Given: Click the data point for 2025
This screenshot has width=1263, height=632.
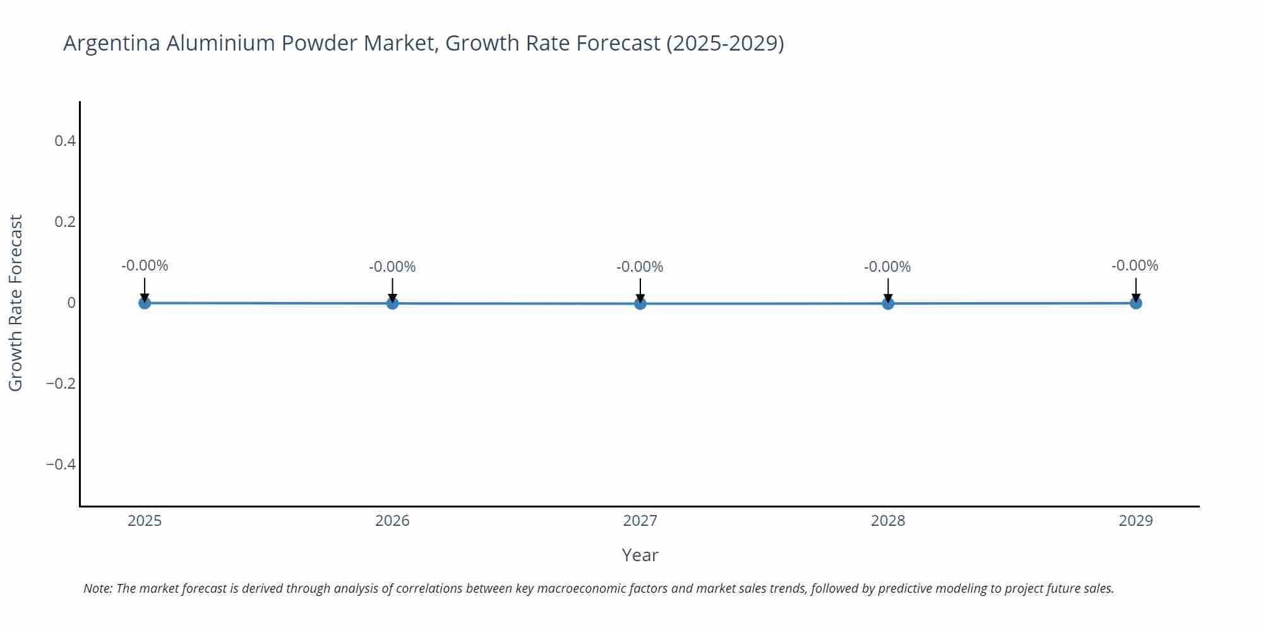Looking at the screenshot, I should click(x=145, y=303).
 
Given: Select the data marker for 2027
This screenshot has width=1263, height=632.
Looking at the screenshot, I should click(x=640, y=303).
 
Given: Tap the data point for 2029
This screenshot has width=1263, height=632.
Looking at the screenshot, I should click(x=1135, y=303).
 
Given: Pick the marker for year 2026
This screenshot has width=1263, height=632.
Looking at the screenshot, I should click(x=392, y=303).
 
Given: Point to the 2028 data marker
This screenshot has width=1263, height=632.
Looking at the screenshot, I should click(x=888, y=303).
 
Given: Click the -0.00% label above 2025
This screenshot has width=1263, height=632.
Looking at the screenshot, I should click(x=145, y=265).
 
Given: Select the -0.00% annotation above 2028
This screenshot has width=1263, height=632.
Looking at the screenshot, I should click(x=887, y=267).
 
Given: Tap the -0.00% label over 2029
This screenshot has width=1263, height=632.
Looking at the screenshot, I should click(x=1135, y=265).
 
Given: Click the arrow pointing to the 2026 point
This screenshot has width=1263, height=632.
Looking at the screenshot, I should click(x=392, y=289).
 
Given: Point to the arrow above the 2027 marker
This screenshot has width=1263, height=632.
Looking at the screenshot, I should click(x=640, y=289).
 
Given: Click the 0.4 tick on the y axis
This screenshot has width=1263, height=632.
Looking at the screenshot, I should click(x=65, y=141).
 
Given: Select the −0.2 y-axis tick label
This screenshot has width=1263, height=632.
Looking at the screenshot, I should click(x=61, y=384).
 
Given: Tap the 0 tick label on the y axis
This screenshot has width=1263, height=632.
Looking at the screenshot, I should click(x=71, y=303).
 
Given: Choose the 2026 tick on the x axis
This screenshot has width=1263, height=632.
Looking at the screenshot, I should click(x=392, y=521).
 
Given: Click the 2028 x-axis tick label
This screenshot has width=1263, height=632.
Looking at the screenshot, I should click(x=888, y=521).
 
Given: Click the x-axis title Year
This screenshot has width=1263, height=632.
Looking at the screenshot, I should click(x=640, y=555).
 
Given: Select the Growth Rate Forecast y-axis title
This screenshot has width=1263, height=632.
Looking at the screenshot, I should click(x=16, y=303).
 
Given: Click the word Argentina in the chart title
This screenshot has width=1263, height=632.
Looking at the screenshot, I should click(x=112, y=43).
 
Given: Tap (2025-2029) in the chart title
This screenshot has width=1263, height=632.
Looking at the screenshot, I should click(x=725, y=43).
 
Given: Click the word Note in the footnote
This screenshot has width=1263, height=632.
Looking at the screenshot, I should click(x=97, y=588).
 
